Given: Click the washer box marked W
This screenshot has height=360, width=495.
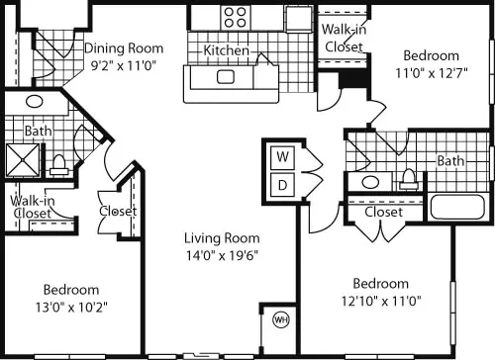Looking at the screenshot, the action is pos(282,157).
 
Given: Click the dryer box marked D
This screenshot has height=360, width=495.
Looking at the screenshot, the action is pos(282,185).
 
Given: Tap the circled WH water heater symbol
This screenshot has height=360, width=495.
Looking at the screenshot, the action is pos(281,319).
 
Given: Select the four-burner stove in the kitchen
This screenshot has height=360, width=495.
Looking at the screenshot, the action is pos(235,18).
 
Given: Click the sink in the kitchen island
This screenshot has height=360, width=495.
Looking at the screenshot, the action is pos(226,77).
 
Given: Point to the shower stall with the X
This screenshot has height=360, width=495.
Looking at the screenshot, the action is pos(22,160).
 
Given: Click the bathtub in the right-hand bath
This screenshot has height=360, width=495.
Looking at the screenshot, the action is pos(457,207).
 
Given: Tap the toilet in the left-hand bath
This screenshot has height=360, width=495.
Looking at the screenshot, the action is pos(59,165).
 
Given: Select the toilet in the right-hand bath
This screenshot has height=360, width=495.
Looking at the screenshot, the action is pos(409,180).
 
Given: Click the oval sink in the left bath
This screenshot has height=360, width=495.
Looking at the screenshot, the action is pos(35,101).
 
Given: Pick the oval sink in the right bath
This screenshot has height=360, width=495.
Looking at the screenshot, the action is pos(370,182).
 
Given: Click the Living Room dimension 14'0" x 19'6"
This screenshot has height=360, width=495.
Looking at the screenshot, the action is pos(222,255).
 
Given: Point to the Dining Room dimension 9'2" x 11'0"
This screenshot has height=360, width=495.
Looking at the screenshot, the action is pos(124,66).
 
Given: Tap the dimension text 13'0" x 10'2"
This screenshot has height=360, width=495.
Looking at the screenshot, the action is pos(71,308).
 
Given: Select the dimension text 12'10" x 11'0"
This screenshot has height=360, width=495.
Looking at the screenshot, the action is pos(381,301).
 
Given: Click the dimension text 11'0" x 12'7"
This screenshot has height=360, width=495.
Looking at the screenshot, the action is pos(432,73).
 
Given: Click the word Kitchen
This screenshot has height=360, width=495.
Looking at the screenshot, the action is pos(226,50).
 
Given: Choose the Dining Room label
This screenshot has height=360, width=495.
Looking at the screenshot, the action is pos(124,48).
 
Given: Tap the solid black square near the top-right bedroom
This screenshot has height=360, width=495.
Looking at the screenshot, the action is pos(353,79).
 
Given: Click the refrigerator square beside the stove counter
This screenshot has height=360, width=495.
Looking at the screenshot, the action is pos(299,19).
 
